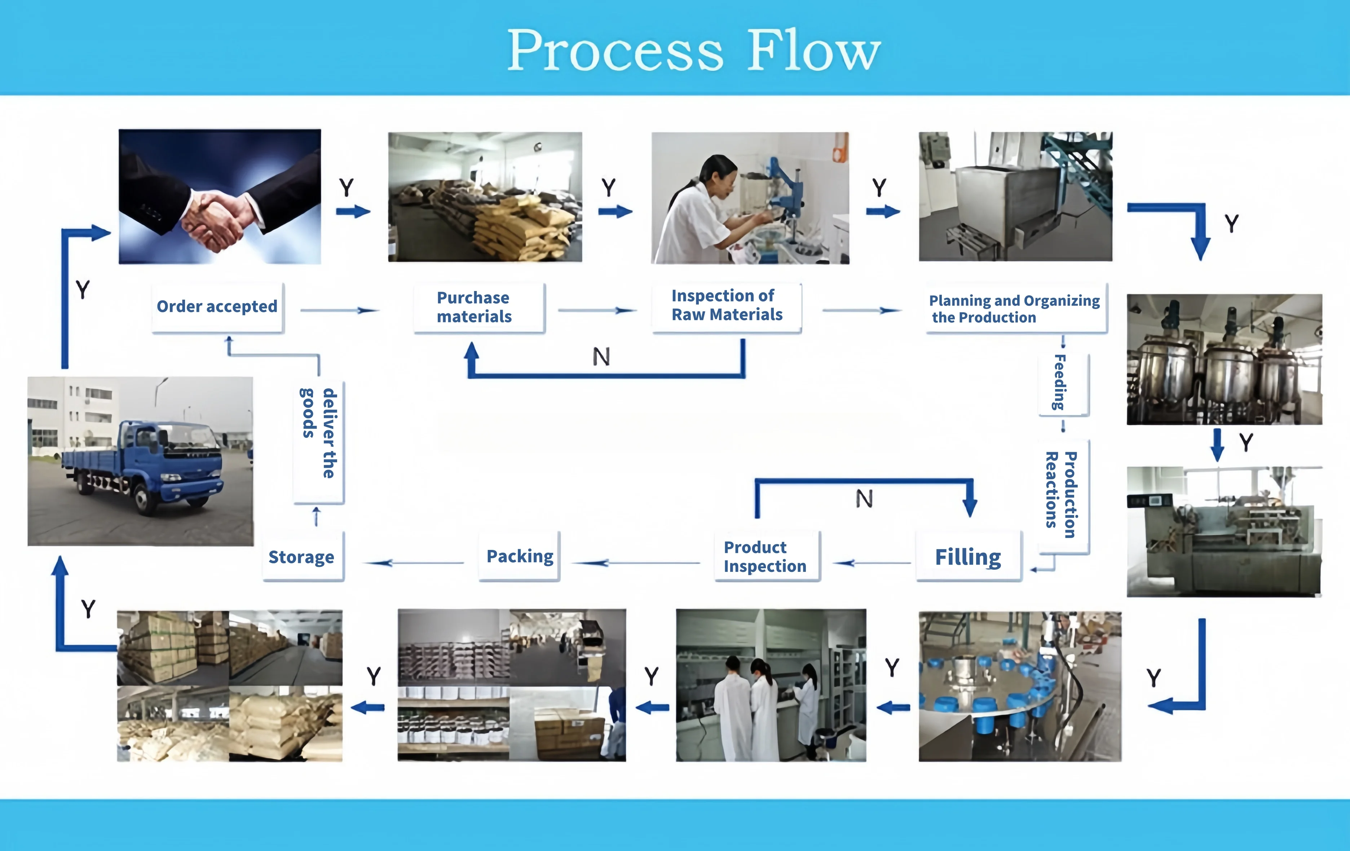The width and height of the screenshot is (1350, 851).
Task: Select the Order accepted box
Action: tap(217, 307)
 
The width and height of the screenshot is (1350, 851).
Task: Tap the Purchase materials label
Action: tap(474, 307)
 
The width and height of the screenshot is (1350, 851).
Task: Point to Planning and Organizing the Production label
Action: tap(1014, 309)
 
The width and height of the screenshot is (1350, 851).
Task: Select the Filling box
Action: tap(968, 557)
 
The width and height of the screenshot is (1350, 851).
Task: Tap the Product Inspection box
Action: tap(765, 557)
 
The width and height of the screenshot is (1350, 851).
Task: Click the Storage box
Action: tap(301, 557)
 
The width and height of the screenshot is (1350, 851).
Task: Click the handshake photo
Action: tap(220, 196)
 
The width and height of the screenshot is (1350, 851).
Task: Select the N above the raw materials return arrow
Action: tap(601, 357)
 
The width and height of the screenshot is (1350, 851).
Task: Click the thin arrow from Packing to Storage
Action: tap(415, 562)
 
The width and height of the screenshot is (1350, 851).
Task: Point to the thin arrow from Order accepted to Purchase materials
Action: tap(340, 310)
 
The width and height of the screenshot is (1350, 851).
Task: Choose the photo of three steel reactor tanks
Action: tap(1225, 360)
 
